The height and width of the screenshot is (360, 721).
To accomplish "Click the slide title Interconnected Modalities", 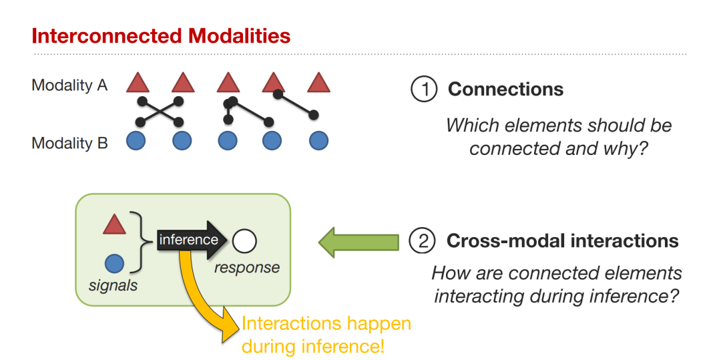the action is [x=161, y=36].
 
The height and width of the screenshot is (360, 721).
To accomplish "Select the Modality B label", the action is [x=69, y=143].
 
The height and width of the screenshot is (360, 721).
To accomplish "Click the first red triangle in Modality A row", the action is [x=138, y=83].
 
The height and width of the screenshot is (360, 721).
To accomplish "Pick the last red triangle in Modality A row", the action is [x=318, y=83].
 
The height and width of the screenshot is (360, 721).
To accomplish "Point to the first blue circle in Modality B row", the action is [x=136, y=141].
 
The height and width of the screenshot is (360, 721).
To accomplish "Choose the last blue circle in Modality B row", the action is [x=318, y=141].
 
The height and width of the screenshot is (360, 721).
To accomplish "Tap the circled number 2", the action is [x=421, y=241].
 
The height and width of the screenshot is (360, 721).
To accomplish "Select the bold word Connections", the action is [x=506, y=89].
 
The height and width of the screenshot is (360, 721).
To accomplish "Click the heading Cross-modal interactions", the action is [x=562, y=241].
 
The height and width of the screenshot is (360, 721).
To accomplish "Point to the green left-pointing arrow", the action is [x=358, y=241].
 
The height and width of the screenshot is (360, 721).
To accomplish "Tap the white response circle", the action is [x=244, y=241].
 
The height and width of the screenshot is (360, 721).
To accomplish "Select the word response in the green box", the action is [x=247, y=268].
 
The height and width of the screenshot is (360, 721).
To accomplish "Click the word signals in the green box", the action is [x=113, y=285].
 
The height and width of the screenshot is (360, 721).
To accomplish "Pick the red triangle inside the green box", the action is [x=114, y=224].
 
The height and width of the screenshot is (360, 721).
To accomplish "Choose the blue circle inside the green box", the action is [x=114, y=264].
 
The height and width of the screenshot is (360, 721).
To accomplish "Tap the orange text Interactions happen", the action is [x=326, y=324].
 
